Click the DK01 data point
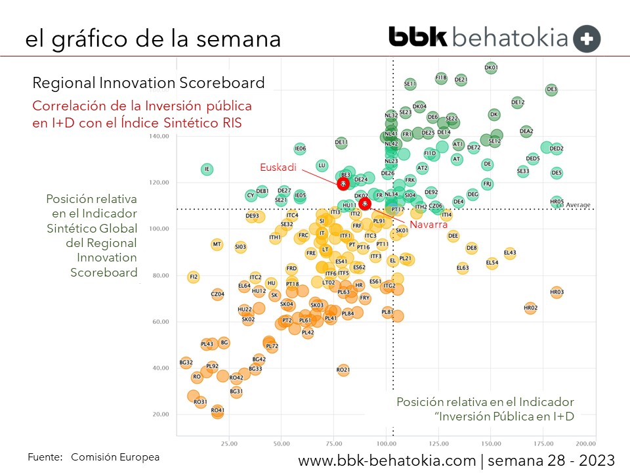tap(491, 67)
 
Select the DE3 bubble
tap(551, 89)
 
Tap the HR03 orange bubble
tap(556, 292)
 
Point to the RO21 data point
tap(343, 371)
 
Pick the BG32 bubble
tap(186, 363)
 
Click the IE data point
tap(207, 169)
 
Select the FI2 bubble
tap(193, 277)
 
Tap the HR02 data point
tap(531, 307)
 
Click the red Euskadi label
tap(278, 168)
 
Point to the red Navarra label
tap(429, 225)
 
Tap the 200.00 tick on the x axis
tap(585, 443)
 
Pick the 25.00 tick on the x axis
tap(228, 443)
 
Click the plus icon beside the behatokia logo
tap(587, 39)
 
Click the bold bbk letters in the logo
tap(418, 37)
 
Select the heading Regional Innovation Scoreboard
tap(149, 83)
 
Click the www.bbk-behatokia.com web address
tap(387, 461)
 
